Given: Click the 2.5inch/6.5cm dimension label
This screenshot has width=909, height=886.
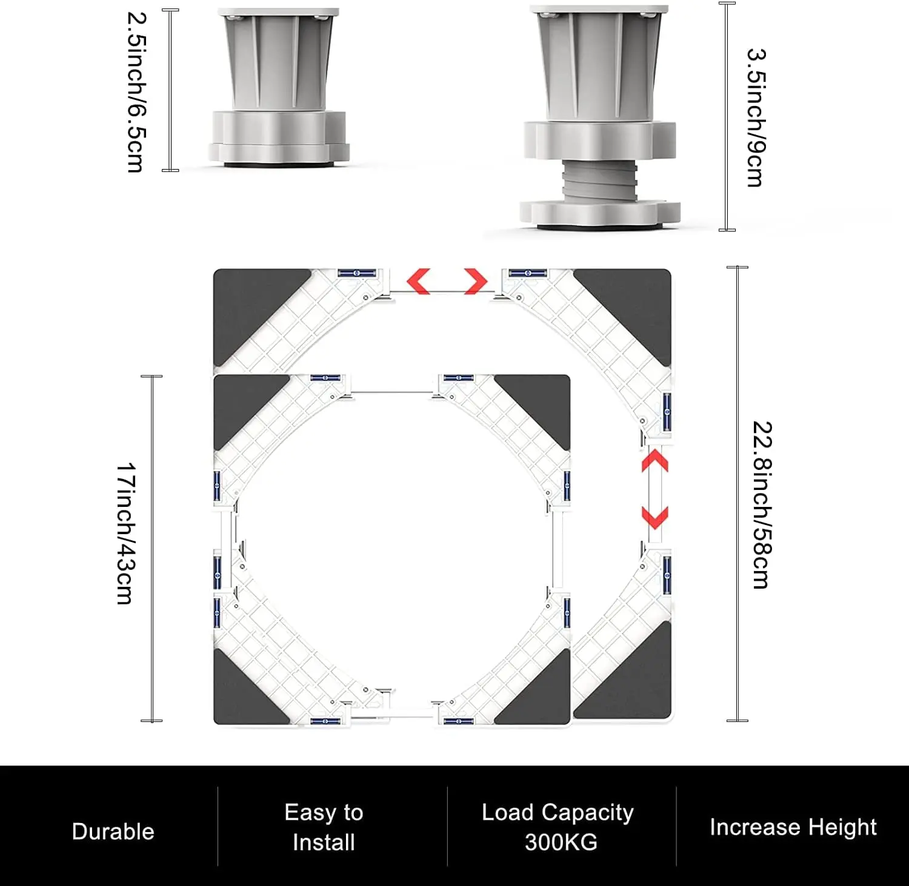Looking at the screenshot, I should coord(137,92).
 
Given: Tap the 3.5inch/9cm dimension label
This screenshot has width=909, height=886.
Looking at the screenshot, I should coord(756,117).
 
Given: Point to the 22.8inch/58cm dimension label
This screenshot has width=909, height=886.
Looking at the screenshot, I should coord(762,504).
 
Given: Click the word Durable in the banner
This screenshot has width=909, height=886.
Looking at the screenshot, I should coord(113,831).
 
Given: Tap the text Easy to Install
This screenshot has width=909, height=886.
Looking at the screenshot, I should coord(324,827).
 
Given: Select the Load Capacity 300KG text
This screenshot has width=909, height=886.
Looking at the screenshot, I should coord(558,827).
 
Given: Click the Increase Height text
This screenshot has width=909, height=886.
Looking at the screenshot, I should coord(793,827).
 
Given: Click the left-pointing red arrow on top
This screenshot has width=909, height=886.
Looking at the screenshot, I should coord(419,282).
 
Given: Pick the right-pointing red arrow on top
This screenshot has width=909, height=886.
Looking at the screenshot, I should coord(476,282).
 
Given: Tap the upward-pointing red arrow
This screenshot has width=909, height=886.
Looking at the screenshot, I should coord(655,460).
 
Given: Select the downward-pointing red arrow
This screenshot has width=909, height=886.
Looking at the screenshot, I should coord(655,517).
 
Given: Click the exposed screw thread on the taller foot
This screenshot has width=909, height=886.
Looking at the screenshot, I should coord(599,180).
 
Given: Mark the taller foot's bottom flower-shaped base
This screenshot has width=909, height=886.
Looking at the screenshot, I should coord(599,213).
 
